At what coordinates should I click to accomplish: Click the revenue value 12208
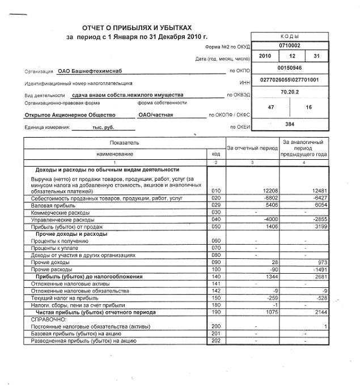pos(269,190)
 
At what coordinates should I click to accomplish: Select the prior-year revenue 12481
pos(317,190)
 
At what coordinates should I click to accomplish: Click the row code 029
pos(215,205)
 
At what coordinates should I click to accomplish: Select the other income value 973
pos(322,262)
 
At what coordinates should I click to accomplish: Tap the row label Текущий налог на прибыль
pos(62,297)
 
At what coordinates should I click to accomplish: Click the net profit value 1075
pos(269,312)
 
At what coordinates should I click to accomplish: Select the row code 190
pos(215,312)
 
